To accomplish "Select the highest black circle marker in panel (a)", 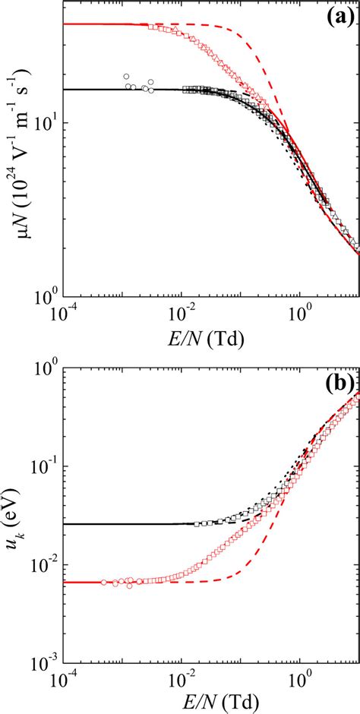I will pyautogui.click(x=126, y=77).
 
